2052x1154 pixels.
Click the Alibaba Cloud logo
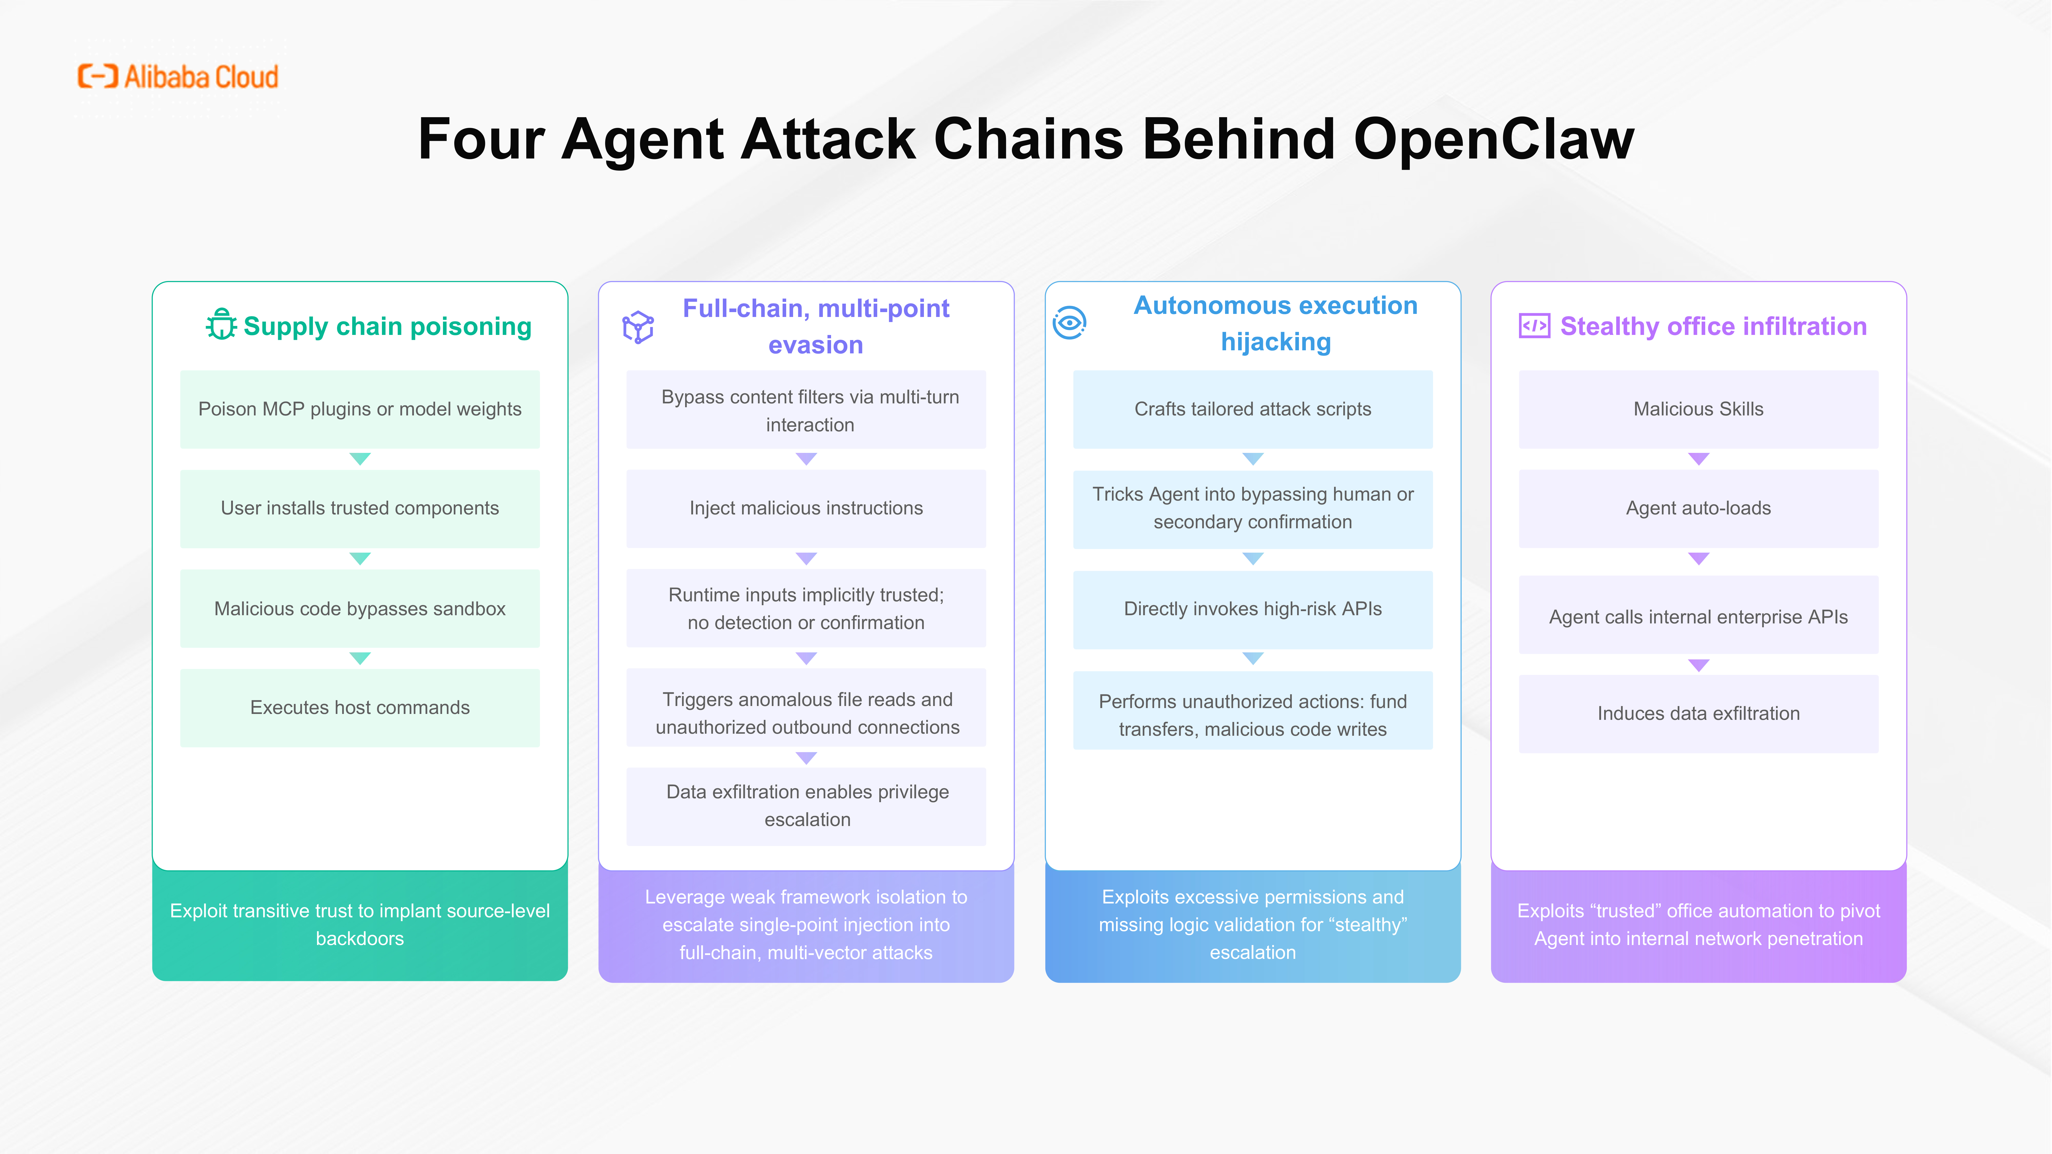178,76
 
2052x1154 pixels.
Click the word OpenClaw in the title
1494,138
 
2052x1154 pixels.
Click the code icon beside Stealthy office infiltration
1534,326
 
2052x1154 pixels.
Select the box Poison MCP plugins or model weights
360,409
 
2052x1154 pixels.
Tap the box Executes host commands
360,708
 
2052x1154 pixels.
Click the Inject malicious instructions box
806,508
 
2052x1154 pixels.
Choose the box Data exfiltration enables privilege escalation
806,806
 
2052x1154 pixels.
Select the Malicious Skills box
1698,409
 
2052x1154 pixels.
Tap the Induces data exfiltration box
1698,714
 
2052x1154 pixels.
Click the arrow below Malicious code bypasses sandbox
360,658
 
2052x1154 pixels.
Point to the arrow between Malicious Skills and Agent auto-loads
1698,459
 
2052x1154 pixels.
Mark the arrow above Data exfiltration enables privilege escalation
806,757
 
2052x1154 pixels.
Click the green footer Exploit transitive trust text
360,925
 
